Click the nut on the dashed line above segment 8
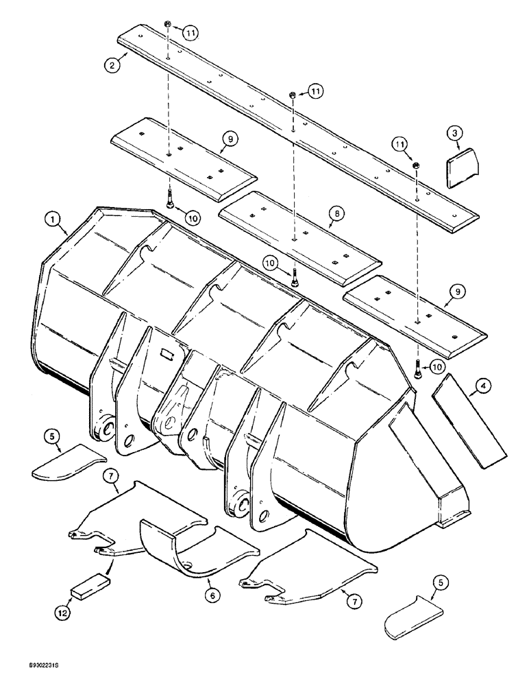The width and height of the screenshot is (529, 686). pyautogui.click(x=293, y=95)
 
